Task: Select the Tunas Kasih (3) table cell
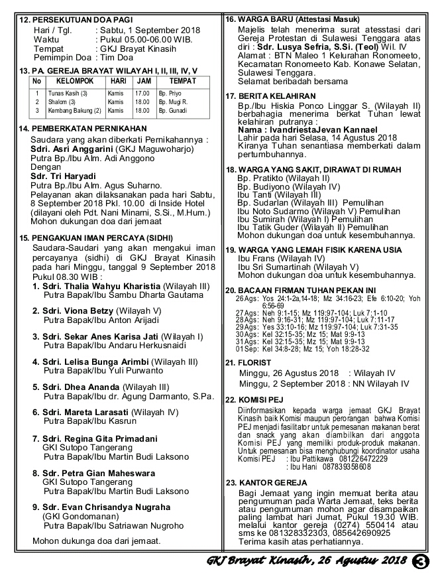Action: tap(66, 94)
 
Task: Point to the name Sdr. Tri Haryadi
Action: tap(62, 175)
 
